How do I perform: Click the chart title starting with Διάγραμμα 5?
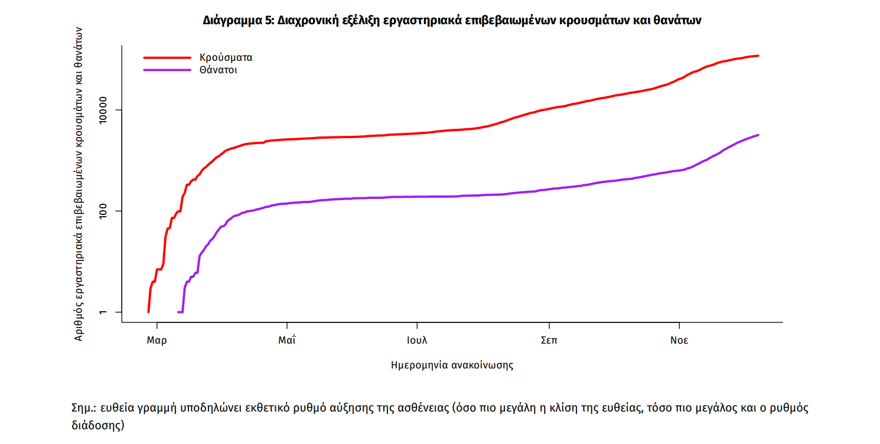click(451, 21)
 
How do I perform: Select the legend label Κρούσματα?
click(226, 58)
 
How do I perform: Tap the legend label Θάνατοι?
click(219, 70)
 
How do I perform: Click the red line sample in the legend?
click(167, 58)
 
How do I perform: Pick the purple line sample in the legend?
click(167, 70)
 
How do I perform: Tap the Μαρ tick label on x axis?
click(157, 341)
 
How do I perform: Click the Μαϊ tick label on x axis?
click(287, 341)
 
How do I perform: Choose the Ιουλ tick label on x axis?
click(417, 341)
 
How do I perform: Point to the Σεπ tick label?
click(549, 341)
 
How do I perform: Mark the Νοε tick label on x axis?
click(679, 341)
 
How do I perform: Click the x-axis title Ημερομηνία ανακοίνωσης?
click(452, 365)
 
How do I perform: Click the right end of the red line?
click(758, 56)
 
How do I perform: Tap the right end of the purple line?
click(758, 135)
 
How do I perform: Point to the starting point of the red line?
click(148, 312)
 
